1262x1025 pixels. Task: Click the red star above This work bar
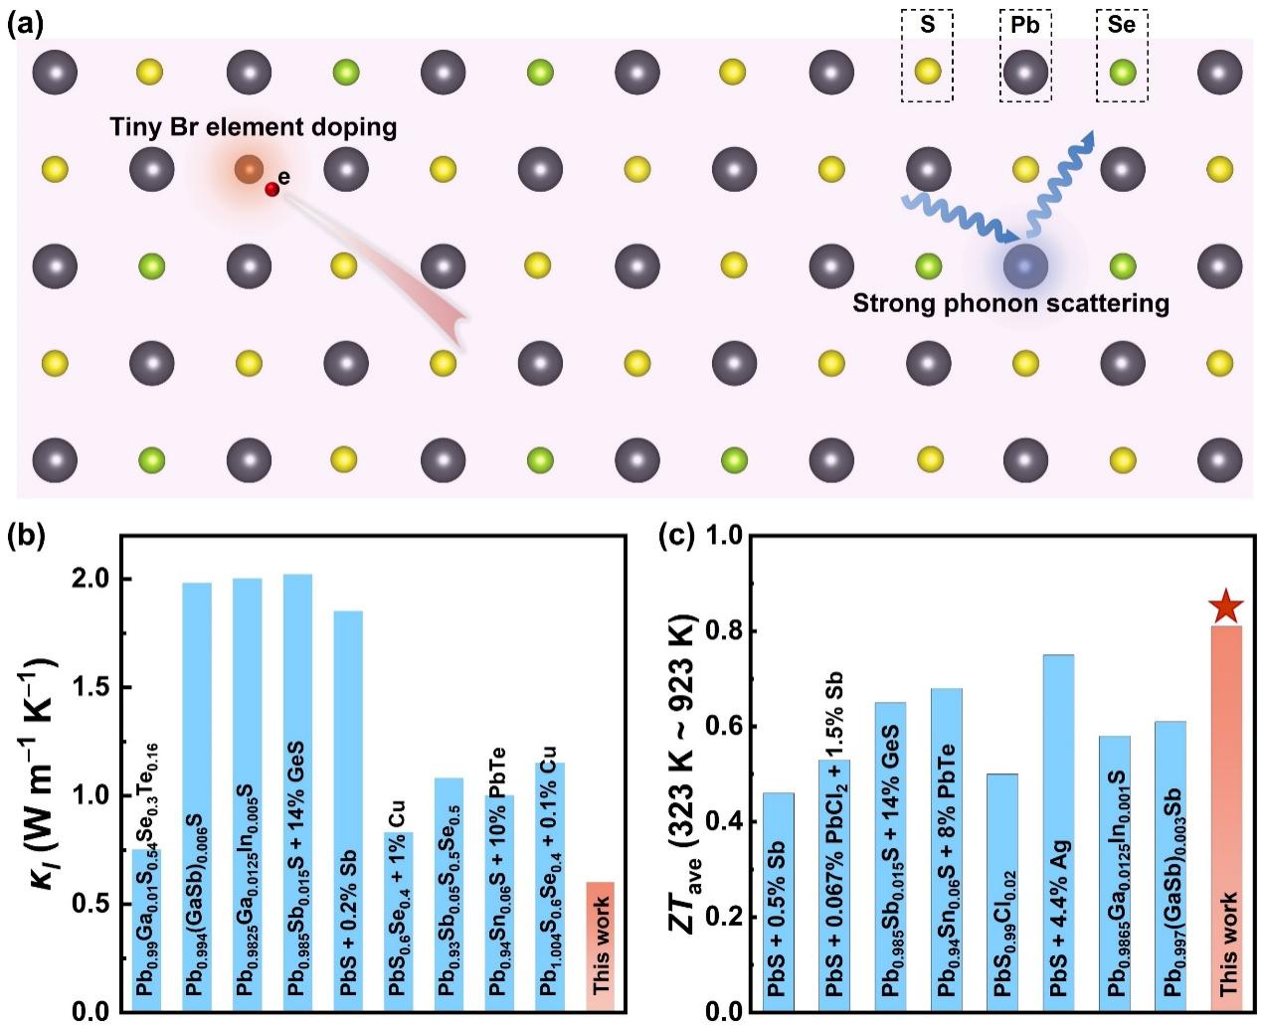[1226, 605]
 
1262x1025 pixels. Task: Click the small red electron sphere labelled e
[271, 189]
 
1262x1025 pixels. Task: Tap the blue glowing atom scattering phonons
[1024, 265]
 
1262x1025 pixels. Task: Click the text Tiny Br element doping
[254, 127]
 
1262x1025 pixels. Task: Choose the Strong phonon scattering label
[1010, 302]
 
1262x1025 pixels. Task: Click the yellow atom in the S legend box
[928, 72]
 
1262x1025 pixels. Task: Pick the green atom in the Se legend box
[1122, 72]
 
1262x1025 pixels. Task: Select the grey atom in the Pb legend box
[1025, 73]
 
